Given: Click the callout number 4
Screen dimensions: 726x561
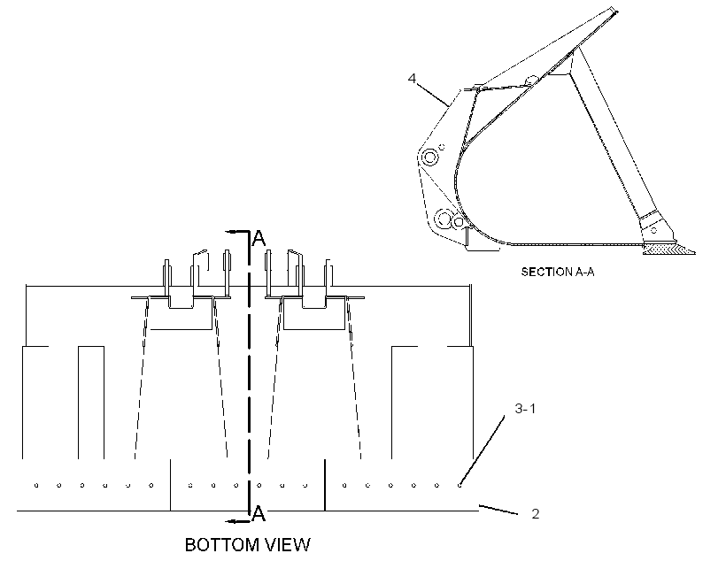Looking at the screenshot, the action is point(412,78).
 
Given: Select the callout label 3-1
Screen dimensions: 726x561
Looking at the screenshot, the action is point(525,408).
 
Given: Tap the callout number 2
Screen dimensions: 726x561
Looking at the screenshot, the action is point(536,514).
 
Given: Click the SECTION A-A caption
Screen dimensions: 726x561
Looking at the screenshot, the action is point(558,272).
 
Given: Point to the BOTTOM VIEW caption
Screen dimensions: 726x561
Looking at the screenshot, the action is point(248,545).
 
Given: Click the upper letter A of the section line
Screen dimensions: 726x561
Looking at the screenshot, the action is point(259,238).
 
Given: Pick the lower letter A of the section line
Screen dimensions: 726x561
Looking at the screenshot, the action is point(259,513).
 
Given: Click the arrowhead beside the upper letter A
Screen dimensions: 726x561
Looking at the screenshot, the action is point(230,231).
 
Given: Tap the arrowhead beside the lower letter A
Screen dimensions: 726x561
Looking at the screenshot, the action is point(231,522).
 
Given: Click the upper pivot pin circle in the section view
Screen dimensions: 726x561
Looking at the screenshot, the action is point(430,158).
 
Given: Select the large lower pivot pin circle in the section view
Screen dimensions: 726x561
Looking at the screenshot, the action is point(444,218).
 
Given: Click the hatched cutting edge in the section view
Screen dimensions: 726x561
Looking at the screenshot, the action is point(669,250).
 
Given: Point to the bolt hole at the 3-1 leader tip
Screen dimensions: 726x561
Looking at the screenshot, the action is point(460,486).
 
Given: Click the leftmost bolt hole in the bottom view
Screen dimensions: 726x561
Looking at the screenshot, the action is point(36,486).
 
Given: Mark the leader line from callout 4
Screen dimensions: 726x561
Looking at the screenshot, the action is point(433,96).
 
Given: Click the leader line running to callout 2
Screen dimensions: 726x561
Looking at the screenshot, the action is point(498,510).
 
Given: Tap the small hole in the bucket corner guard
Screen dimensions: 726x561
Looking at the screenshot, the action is point(653,230).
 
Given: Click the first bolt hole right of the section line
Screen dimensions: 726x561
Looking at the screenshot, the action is point(259,486).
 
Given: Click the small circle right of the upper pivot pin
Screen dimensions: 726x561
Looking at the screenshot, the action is point(442,147).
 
